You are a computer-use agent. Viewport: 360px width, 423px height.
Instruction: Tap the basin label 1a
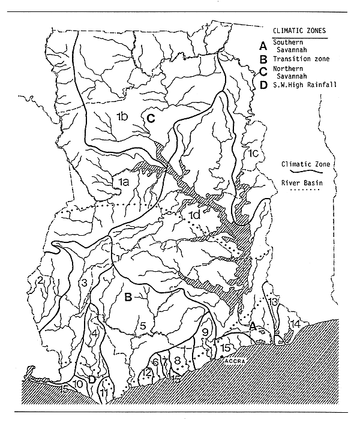point(123,179)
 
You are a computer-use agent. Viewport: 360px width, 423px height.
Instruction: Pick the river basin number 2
point(40,280)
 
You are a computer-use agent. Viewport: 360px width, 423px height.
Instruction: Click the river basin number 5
point(142,325)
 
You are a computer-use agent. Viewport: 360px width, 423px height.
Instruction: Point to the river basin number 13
point(273,301)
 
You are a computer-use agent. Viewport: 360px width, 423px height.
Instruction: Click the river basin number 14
point(295,324)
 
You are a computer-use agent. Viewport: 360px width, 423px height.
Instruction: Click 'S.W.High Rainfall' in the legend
point(302,85)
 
